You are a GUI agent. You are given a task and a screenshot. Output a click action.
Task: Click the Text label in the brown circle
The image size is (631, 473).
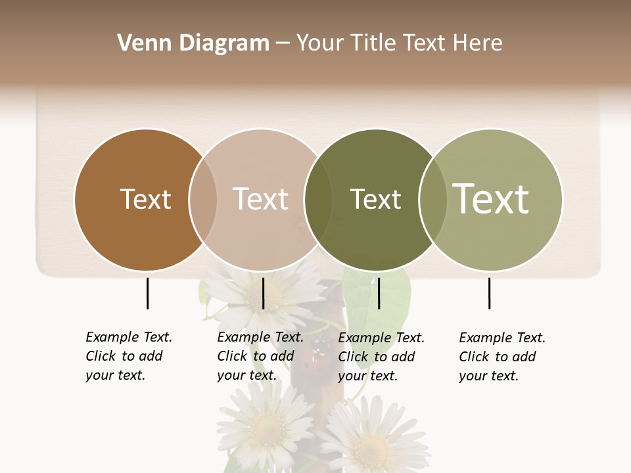[145, 199]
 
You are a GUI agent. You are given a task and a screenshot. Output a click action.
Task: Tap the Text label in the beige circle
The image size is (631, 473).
[260, 199]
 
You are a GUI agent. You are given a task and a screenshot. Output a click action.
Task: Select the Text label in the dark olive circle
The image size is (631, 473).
[375, 199]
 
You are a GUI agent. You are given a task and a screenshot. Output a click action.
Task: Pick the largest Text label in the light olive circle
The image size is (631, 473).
[491, 199]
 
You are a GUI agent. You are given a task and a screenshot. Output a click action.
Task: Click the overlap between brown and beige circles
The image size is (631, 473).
[203, 199]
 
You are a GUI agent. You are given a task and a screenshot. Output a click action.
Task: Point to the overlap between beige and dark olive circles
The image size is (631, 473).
[318, 199]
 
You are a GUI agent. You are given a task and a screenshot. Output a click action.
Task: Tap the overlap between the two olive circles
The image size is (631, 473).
[432, 199]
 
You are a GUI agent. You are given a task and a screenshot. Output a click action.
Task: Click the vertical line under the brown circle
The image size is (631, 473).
[147, 293]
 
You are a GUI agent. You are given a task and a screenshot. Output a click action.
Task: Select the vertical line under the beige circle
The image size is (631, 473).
[263, 293]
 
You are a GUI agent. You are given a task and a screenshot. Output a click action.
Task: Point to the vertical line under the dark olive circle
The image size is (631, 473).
[379, 293]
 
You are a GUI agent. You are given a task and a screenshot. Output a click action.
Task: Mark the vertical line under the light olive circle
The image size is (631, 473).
[489, 293]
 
